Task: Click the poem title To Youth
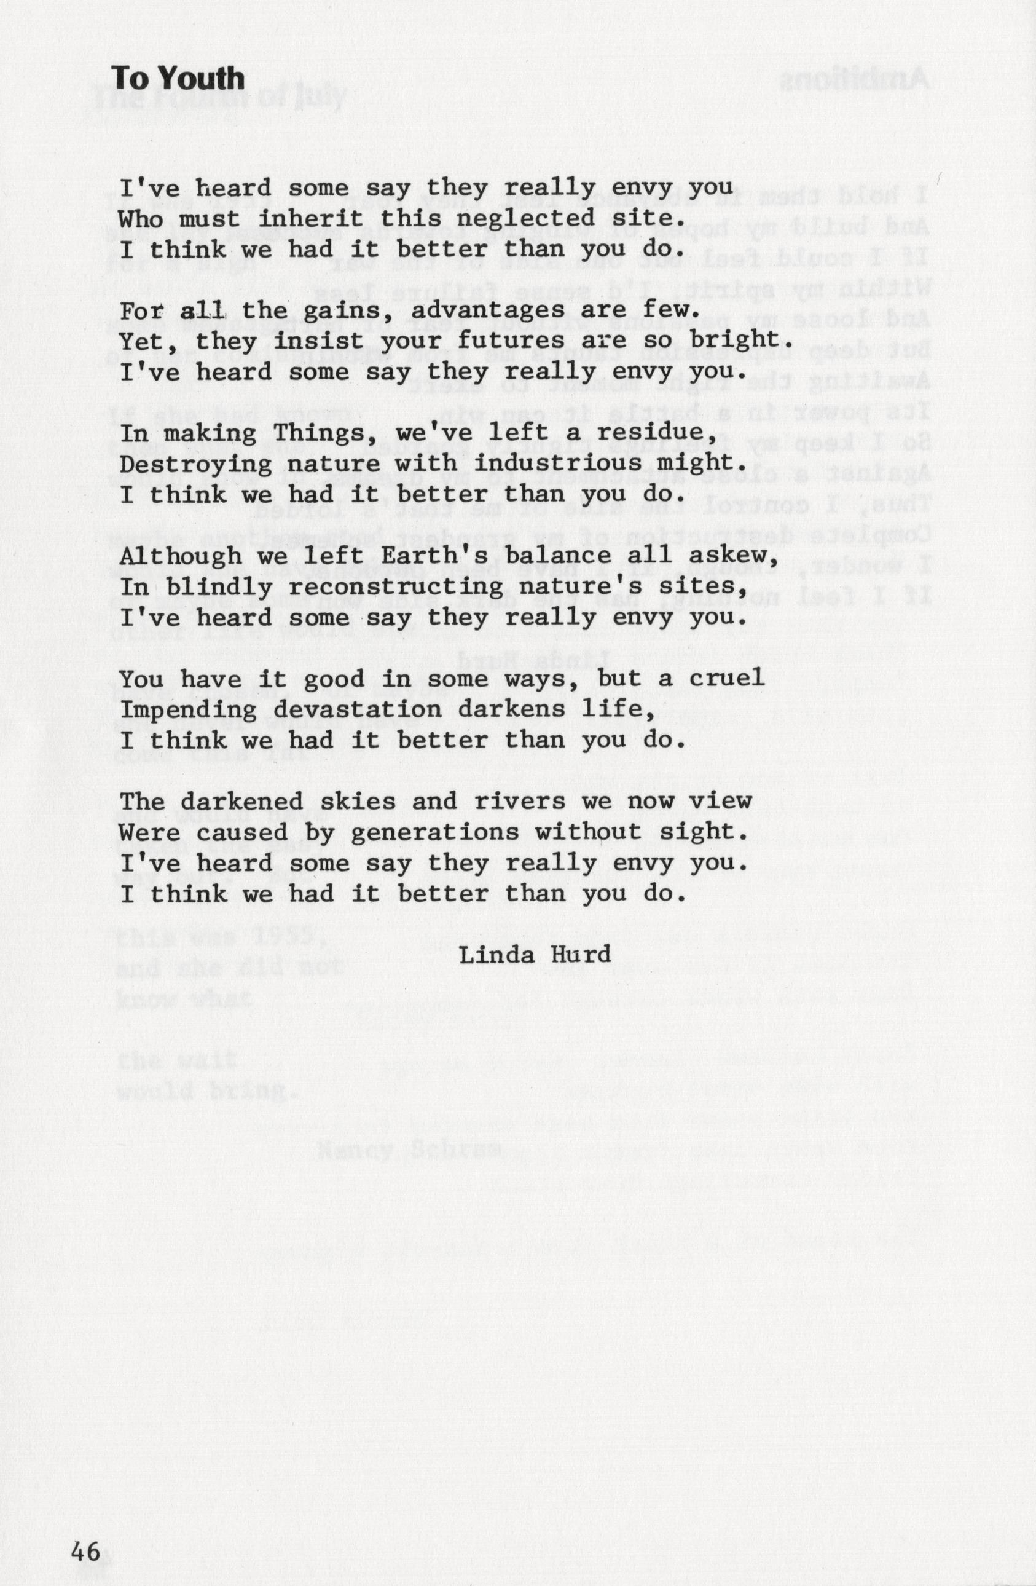click(178, 79)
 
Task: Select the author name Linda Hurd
click(535, 954)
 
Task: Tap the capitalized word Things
click(320, 434)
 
